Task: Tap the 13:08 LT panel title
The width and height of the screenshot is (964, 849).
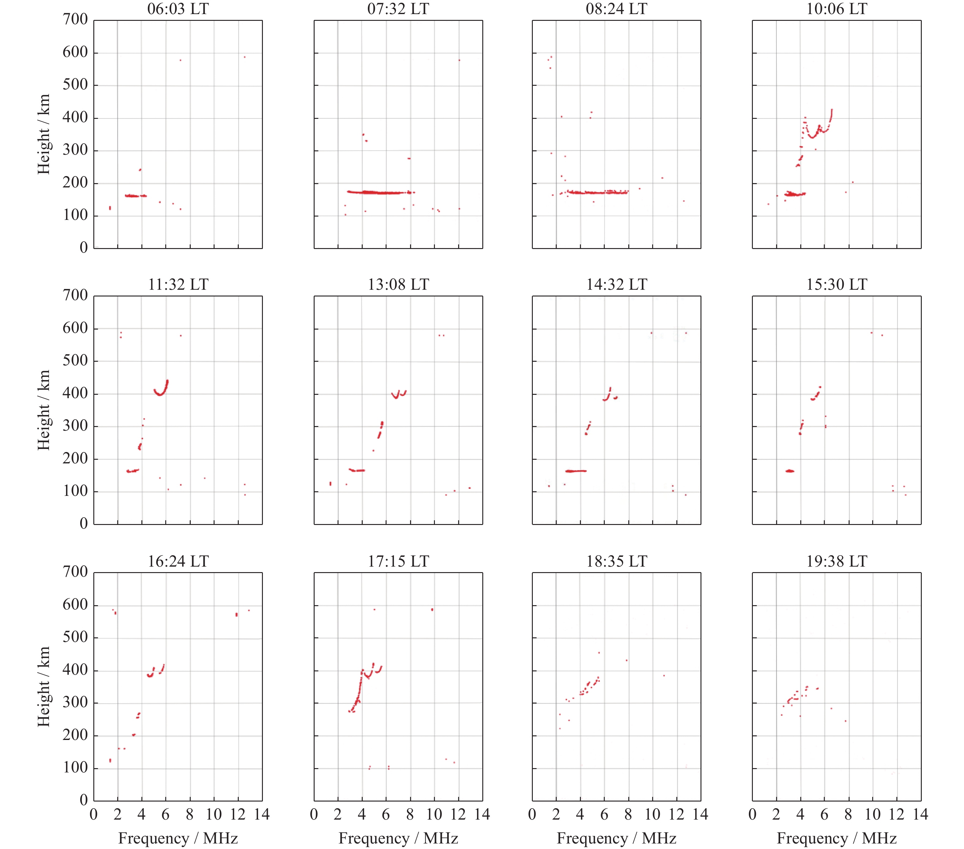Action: tap(398, 285)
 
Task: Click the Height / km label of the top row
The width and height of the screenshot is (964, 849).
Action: tap(44, 134)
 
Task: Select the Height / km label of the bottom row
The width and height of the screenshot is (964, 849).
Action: tap(44, 687)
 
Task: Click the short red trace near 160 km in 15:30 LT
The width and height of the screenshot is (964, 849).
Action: tap(790, 471)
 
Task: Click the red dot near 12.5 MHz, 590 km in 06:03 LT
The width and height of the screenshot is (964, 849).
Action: tap(244, 57)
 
